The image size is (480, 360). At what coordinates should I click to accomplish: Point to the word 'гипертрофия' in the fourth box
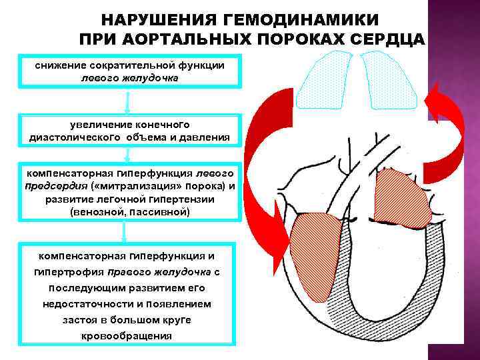coord(67,273)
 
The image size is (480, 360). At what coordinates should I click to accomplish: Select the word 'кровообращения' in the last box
coord(127,335)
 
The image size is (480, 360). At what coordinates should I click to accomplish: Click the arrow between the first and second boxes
coord(127,101)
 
